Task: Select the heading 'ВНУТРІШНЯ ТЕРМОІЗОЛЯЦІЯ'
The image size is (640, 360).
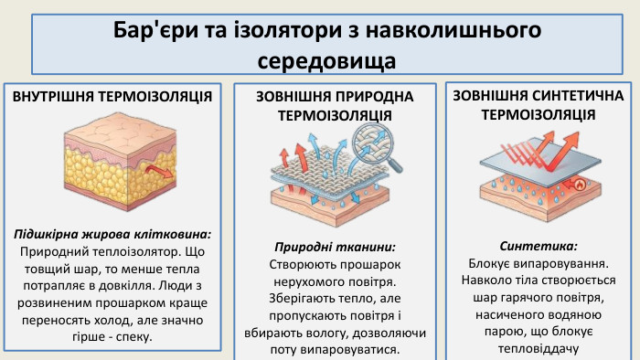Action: tap(113, 96)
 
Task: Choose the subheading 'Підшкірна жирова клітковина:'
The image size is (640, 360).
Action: tap(113, 234)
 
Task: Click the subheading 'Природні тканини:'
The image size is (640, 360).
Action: tap(336, 247)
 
